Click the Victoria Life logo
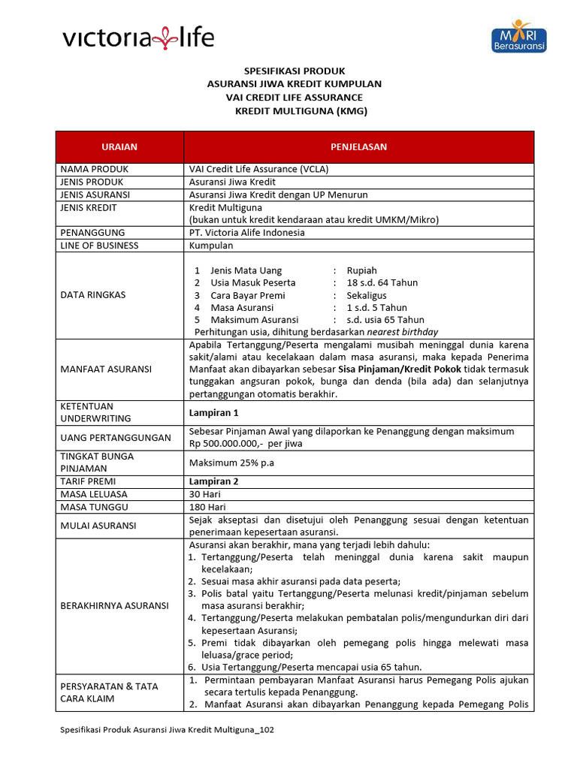click(x=137, y=38)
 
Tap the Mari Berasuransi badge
click(x=518, y=37)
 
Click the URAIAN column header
click(x=119, y=146)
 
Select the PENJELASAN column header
click(x=358, y=146)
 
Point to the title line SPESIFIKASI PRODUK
click(x=294, y=71)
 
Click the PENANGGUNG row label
click(x=92, y=233)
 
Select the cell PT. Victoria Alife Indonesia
click(x=247, y=233)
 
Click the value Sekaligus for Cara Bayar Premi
click(x=367, y=295)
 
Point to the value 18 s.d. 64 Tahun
click(x=382, y=282)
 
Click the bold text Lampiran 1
click(x=213, y=412)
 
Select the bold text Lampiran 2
click(x=213, y=481)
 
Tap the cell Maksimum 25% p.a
click(x=231, y=463)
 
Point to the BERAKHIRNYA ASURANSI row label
click(x=114, y=605)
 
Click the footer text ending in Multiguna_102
click(x=166, y=730)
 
